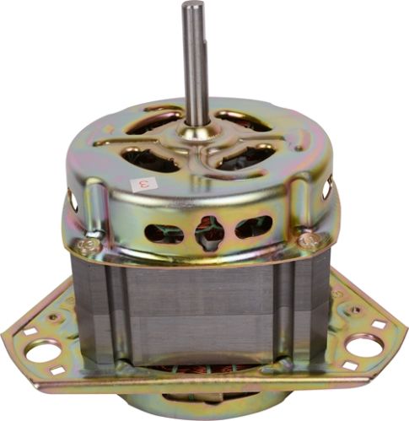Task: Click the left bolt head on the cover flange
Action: click(84, 246)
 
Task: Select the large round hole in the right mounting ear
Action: click(364, 345)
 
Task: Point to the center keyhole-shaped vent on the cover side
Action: click(207, 230)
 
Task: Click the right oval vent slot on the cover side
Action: click(254, 227)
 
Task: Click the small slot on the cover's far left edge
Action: click(73, 199)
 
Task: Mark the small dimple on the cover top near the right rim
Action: click(297, 149)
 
